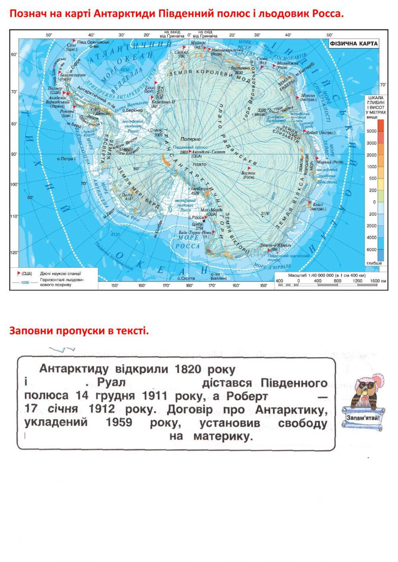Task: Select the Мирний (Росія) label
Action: pos(330,162)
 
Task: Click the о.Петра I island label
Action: pos(66,159)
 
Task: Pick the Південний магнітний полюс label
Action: pos(289,256)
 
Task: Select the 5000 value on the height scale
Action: pos(371,131)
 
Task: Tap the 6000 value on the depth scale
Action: pos(371,249)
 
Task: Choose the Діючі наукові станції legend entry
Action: pos(60,274)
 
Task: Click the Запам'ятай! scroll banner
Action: pos(363,418)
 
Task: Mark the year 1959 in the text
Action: pos(119,422)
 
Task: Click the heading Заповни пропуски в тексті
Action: pos(79,331)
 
